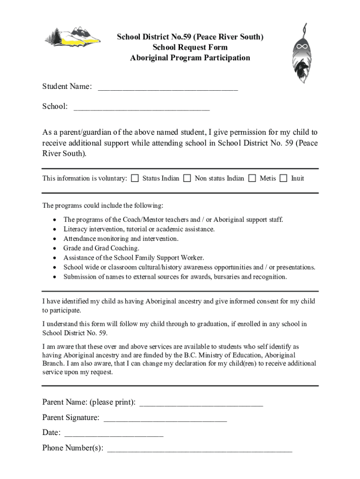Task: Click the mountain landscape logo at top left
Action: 72,38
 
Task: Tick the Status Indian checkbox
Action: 135,178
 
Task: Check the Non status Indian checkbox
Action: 187,178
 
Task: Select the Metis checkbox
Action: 252,178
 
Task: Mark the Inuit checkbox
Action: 283,178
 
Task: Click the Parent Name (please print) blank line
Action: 201,404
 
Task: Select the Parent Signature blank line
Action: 165,419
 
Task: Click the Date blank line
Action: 113,434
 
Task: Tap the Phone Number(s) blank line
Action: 200,450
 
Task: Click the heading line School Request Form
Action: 190,47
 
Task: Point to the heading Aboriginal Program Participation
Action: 190,58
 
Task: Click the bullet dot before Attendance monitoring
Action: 56,239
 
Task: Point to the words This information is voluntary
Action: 85,178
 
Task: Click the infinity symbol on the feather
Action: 300,47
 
